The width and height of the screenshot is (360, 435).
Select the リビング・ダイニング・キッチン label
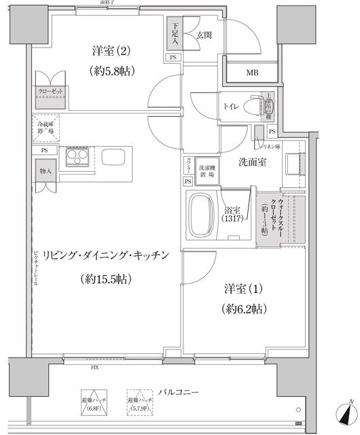click(x=105, y=256)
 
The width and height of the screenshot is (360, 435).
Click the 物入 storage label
click(x=46, y=172)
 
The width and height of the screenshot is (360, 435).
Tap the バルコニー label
click(x=179, y=393)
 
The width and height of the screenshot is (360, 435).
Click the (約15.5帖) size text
click(x=105, y=279)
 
